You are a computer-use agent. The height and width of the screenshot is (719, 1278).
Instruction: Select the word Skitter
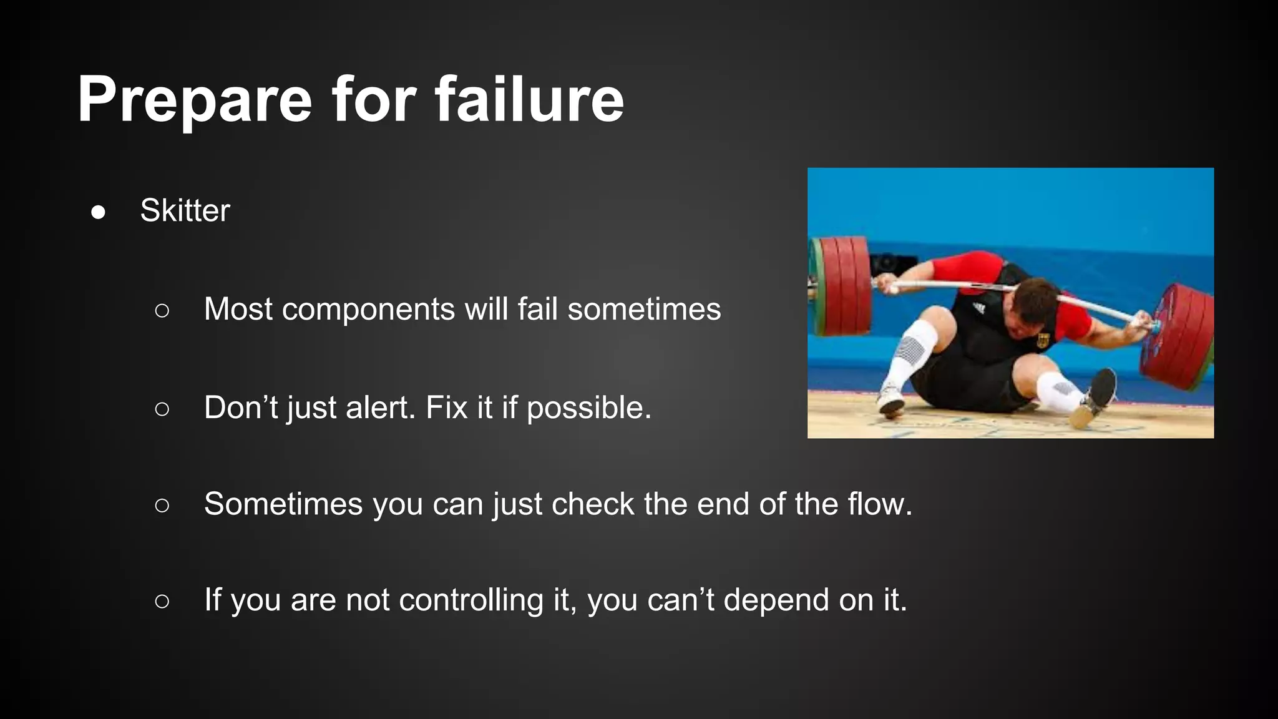(185, 210)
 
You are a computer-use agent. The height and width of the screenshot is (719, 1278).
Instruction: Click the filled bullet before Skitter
(98, 212)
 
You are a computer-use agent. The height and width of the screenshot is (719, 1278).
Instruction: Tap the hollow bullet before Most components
(162, 311)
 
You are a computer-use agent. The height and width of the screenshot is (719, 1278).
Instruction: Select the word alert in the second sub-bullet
(380, 408)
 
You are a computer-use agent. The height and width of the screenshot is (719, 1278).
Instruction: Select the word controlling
(471, 600)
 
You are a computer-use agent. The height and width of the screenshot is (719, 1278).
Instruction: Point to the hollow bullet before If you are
(162, 601)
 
